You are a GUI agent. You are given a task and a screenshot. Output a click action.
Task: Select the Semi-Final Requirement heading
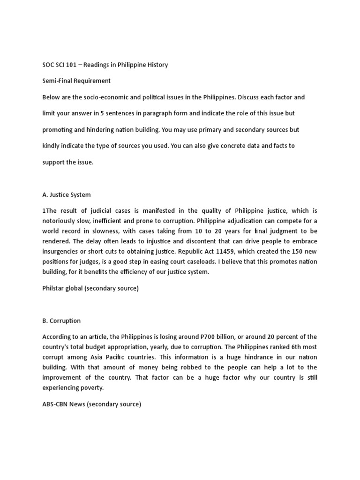(x=76, y=81)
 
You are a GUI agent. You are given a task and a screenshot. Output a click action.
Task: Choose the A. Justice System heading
(x=67, y=195)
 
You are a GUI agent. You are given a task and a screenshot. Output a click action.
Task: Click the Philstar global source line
(x=90, y=288)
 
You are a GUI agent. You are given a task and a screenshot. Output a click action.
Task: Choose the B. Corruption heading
(x=61, y=321)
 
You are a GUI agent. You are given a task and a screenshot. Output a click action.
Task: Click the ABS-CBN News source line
(x=91, y=404)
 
